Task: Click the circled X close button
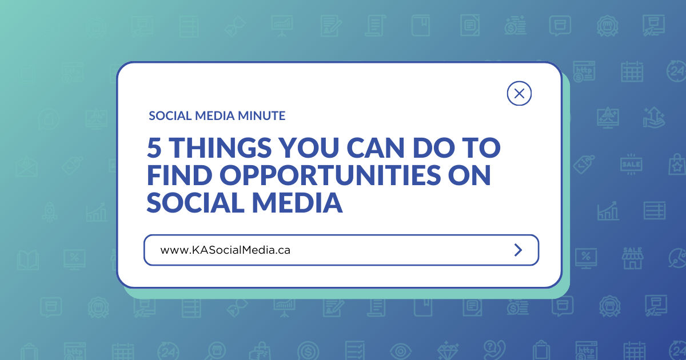pos(519,94)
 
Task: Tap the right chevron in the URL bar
pos(518,250)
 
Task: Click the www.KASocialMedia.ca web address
pos(225,250)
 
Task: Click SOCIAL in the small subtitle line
pos(167,116)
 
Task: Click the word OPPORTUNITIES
pos(329,176)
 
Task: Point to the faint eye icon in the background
pos(400,348)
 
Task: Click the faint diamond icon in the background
pos(444,348)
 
